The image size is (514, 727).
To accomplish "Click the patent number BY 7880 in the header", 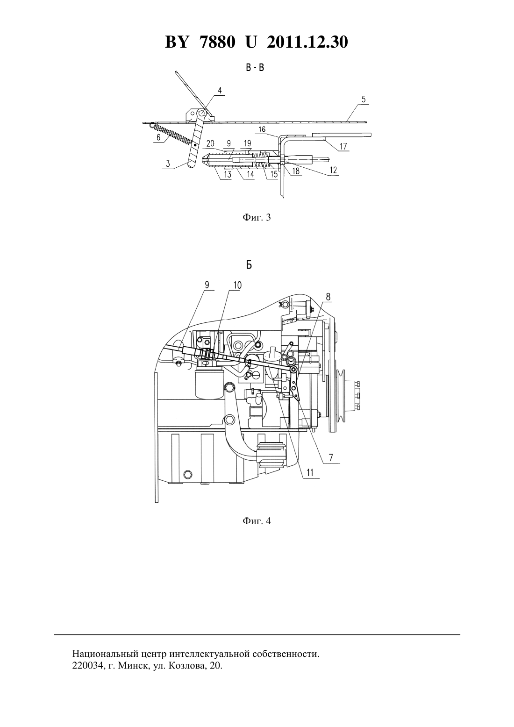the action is pyautogui.click(x=200, y=42).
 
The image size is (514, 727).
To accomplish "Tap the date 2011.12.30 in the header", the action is pyautogui.click(x=307, y=42).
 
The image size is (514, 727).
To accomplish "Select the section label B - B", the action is pyautogui.click(x=255, y=68).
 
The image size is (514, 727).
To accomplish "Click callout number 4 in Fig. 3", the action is pyautogui.click(x=220, y=90).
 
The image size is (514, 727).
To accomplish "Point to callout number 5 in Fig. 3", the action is pyautogui.click(x=364, y=100).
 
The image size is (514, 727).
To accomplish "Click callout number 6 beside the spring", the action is pyautogui.click(x=158, y=137).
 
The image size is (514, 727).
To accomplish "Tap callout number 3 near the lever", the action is pyautogui.click(x=168, y=164).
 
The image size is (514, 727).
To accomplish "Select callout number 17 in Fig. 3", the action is pyautogui.click(x=343, y=146).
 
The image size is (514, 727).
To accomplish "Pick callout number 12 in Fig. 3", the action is pyautogui.click(x=333, y=170).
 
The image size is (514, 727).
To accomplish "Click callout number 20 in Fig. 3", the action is pyautogui.click(x=210, y=143).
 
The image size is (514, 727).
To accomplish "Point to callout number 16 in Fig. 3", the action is pyautogui.click(x=262, y=129).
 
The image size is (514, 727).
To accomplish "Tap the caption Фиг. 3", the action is pyautogui.click(x=257, y=217).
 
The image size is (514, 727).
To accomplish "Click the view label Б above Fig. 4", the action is pyautogui.click(x=249, y=265).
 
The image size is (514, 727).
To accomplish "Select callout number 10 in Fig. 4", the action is pyautogui.click(x=237, y=285).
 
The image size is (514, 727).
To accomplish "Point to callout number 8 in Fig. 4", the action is pyautogui.click(x=328, y=297).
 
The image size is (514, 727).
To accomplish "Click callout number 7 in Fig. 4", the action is pyautogui.click(x=331, y=457).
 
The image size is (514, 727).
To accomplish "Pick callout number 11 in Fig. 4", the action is pyautogui.click(x=310, y=473).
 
